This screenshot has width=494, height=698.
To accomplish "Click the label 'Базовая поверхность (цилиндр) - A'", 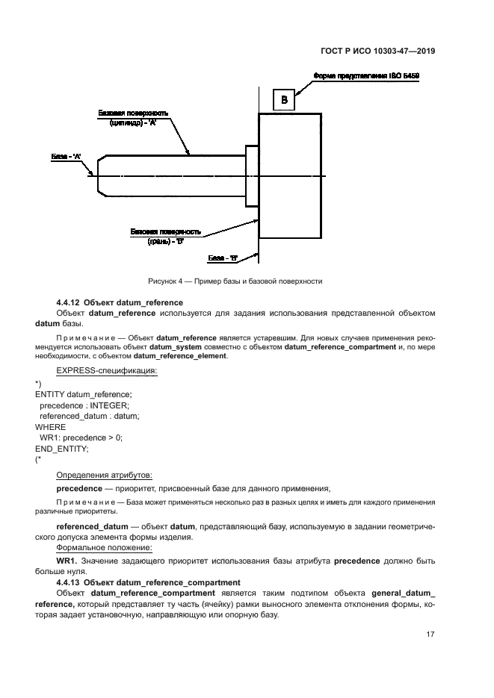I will click(133, 117).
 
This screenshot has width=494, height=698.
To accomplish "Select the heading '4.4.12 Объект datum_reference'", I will click(120, 302).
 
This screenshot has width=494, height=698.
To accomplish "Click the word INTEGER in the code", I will click(108, 405).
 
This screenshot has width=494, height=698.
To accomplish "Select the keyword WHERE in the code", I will click(50, 426).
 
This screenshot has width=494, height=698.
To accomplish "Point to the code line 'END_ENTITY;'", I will click(62, 449).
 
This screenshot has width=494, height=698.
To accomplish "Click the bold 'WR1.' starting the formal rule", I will click(67, 559).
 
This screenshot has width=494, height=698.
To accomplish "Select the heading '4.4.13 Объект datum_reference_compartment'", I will click(148, 582).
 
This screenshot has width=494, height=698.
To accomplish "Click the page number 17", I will click(430, 635).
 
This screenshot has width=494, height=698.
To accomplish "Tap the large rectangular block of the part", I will click(290, 175).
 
